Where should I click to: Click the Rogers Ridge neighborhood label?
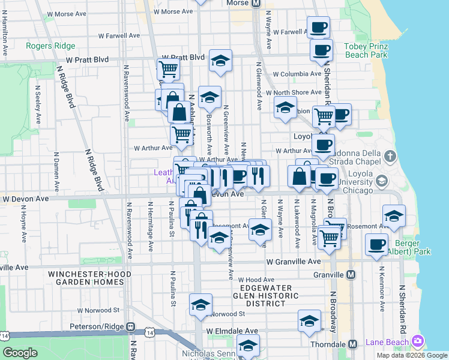[x=51, y=46]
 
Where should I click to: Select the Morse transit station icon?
[x=256, y=3]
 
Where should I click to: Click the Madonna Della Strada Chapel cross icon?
[x=390, y=157]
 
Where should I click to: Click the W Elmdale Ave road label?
[x=232, y=331]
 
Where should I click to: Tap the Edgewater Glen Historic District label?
[x=266, y=296]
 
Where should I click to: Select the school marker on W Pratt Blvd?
[x=220, y=61]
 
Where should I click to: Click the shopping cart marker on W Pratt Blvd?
[x=169, y=69]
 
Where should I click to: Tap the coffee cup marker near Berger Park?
[x=377, y=244]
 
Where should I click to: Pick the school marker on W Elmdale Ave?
[x=309, y=320]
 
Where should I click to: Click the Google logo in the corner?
[x=20, y=352]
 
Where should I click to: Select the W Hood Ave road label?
[x=256, y=280]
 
